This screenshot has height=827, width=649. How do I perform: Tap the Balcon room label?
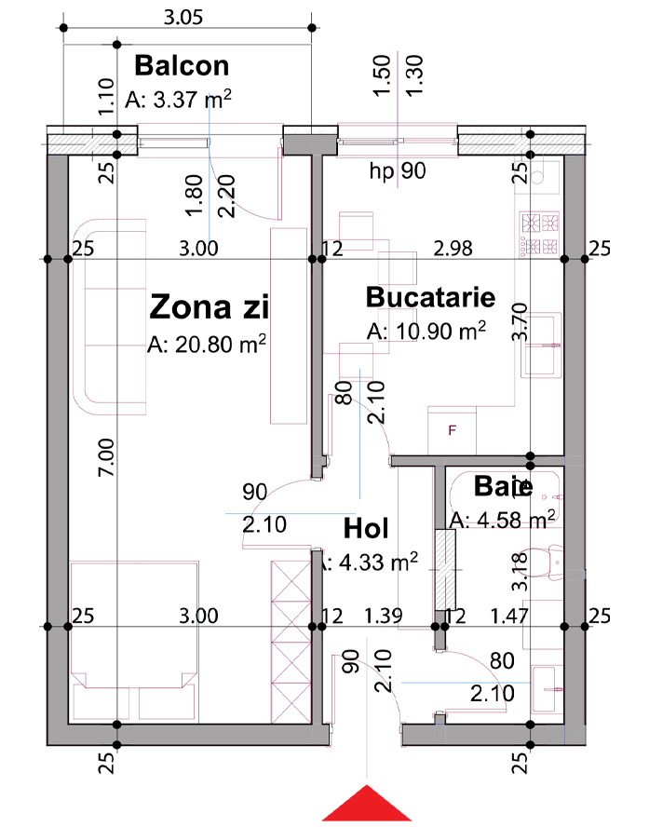pos(182,66)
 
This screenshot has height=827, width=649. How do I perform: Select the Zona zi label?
pos(210,307)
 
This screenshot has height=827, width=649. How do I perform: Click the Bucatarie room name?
pos(431,297)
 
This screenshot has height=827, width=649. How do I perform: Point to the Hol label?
pos(366,528)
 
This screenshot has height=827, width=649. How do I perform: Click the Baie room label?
pos(503,486)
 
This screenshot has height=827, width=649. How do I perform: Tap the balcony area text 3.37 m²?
pos(178,99)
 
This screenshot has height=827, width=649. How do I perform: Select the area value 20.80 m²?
pos(207,344)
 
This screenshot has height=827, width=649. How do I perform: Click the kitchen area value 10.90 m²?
pos(426,332)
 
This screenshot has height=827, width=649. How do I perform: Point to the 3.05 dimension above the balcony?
pos(183,18)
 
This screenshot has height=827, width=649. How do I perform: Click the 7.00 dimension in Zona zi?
pos(106,457)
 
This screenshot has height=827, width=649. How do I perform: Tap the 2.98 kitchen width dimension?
pos(453,248)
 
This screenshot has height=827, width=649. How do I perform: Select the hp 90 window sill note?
pos(398,170)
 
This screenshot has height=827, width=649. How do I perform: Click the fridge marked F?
pos(452,430)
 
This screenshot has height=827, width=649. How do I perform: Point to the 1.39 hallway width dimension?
pos(384,616)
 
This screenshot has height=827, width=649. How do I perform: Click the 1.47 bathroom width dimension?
pos(509,616)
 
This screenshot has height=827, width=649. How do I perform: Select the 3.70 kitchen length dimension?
pos(521,321)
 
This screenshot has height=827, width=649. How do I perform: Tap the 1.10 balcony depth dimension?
pos(106,97)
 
